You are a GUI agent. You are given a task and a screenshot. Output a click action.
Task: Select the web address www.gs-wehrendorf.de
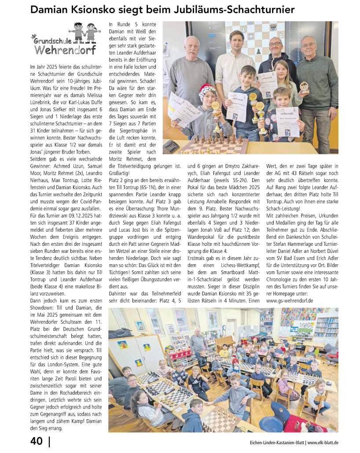(x=290, y=301)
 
